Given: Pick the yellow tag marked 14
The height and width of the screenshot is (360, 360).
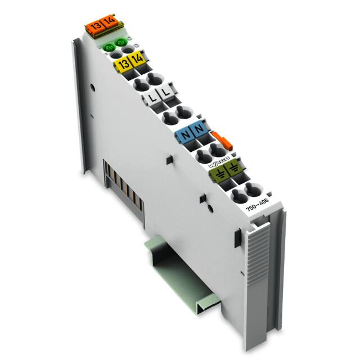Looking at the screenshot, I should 134,58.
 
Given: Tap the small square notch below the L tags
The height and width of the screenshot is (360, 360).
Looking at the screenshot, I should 168,161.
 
